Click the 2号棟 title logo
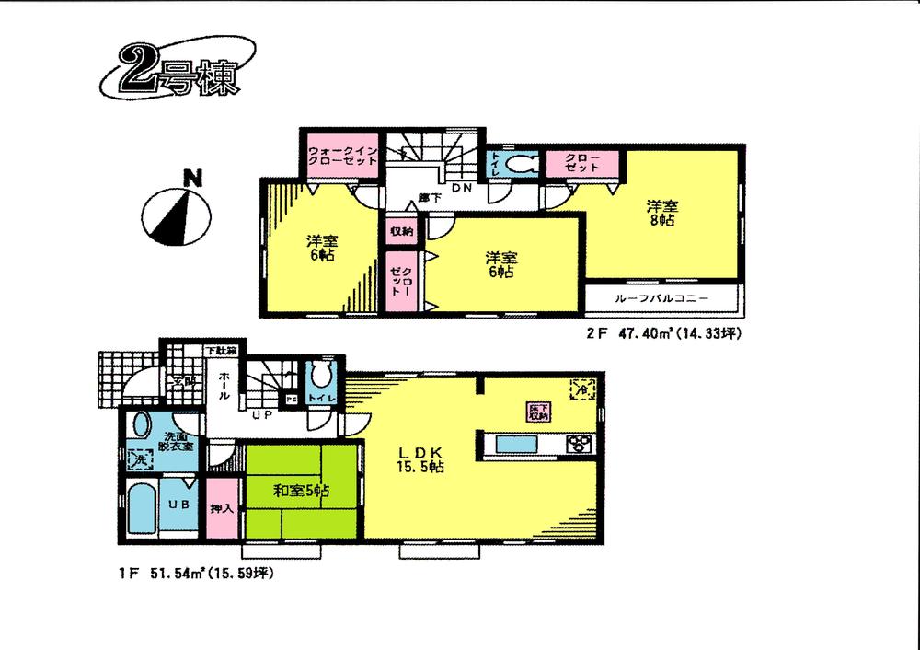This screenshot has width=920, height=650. pos(174,75)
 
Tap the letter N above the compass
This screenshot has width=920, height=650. pos(191,178)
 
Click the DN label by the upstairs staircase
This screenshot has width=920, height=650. pos(462,188)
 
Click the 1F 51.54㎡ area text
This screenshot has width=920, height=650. pos(196,572)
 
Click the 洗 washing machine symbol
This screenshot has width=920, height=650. pos(134,456)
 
